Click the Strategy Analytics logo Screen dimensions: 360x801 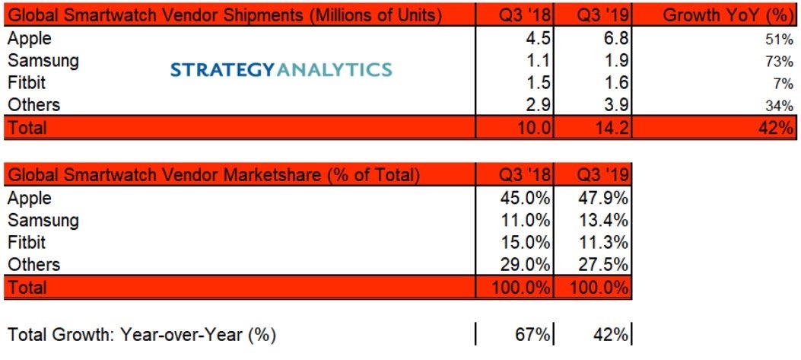281,70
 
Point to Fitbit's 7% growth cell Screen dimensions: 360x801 784,84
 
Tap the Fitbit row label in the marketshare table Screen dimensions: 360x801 26,243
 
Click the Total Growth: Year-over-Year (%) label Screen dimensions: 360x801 141,333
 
